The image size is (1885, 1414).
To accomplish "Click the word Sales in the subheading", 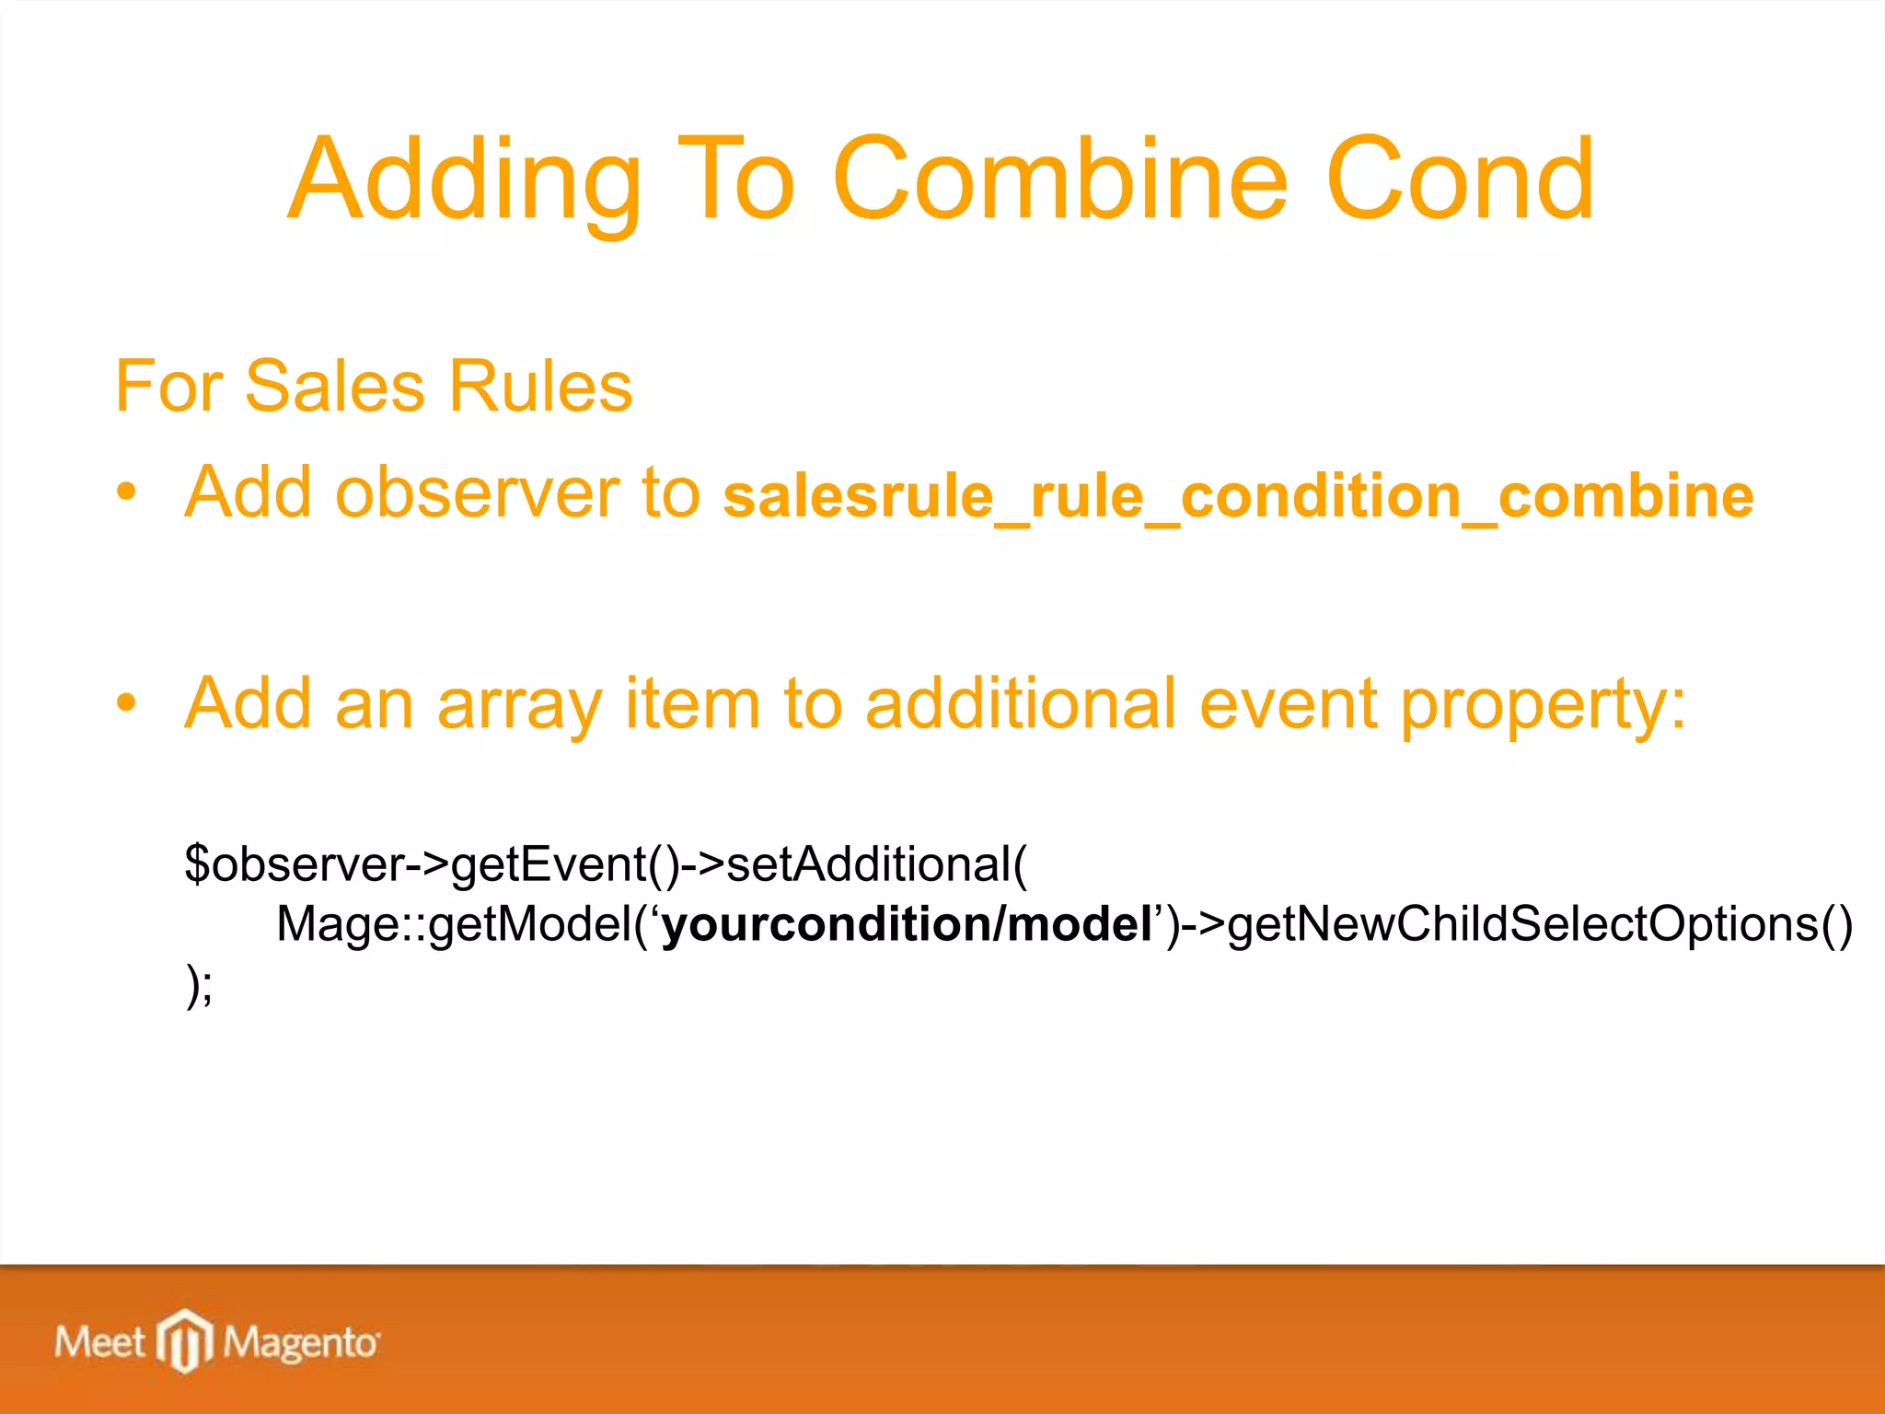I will [x=334, y=387].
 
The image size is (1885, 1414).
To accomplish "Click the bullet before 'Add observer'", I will [x=127, y=493].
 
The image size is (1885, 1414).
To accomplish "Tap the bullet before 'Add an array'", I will [x=127, y=704].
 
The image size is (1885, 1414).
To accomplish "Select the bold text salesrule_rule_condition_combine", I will [x=1238, y=497].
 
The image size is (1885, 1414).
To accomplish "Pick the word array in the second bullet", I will [x=519, y=705].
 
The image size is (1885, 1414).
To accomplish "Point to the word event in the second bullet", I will [x=1289, y=705].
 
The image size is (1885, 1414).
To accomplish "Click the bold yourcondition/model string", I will [x=906, y=924].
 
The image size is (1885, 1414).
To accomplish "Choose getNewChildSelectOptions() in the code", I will [x=1539, y=924].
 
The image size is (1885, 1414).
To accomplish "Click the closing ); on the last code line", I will [x=199, y=985].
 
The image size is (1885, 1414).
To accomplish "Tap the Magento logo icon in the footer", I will [x=185, y=1341].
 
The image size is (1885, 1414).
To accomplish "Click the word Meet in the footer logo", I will [x=99, y=1342].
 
